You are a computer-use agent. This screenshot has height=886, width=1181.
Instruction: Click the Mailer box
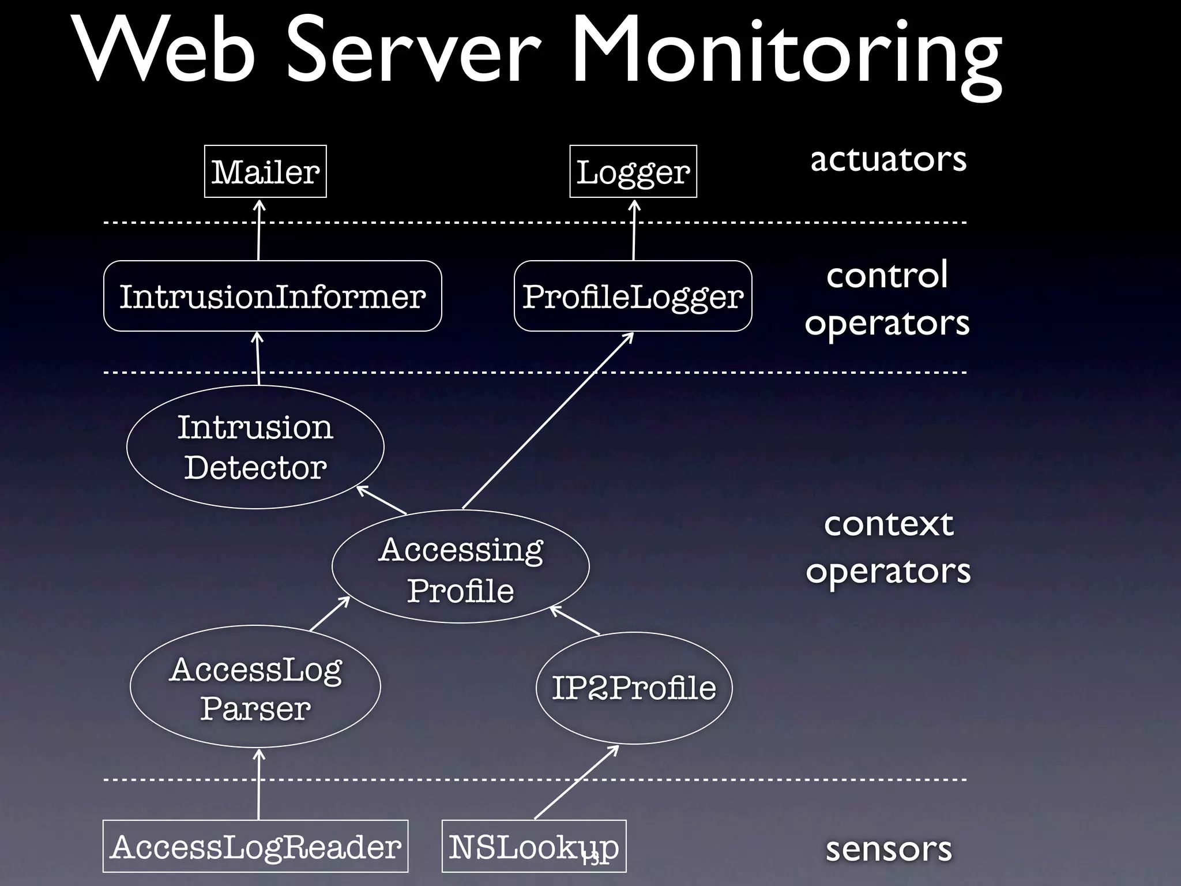coord(265,171)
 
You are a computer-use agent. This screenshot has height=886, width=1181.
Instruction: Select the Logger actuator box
coord(633,171)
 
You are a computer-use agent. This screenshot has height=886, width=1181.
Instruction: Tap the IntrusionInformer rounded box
coord(272,296)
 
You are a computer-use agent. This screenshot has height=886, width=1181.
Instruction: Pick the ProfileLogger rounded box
coord(633,296)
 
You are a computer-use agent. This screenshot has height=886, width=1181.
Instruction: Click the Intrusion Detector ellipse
coord(255,447)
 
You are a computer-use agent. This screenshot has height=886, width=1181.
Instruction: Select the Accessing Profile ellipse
coord(460,566)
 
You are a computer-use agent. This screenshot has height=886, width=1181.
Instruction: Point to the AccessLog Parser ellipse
coord(255,686)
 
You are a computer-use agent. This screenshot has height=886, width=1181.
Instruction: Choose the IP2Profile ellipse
coord(634,687)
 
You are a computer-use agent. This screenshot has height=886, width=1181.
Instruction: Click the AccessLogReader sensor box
coord(255,846)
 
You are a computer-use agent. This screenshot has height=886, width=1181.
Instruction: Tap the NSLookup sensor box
coord(533,846)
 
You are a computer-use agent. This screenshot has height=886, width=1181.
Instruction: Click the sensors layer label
coord(888,849)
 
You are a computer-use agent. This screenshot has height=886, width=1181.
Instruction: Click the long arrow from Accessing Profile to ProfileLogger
coord(548,421)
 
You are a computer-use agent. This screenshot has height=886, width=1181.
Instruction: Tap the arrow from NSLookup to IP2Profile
coord(577,782)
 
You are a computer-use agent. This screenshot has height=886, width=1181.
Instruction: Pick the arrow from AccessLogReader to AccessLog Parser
coord(259,784)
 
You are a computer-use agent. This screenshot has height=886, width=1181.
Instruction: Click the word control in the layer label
coord(886,275)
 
